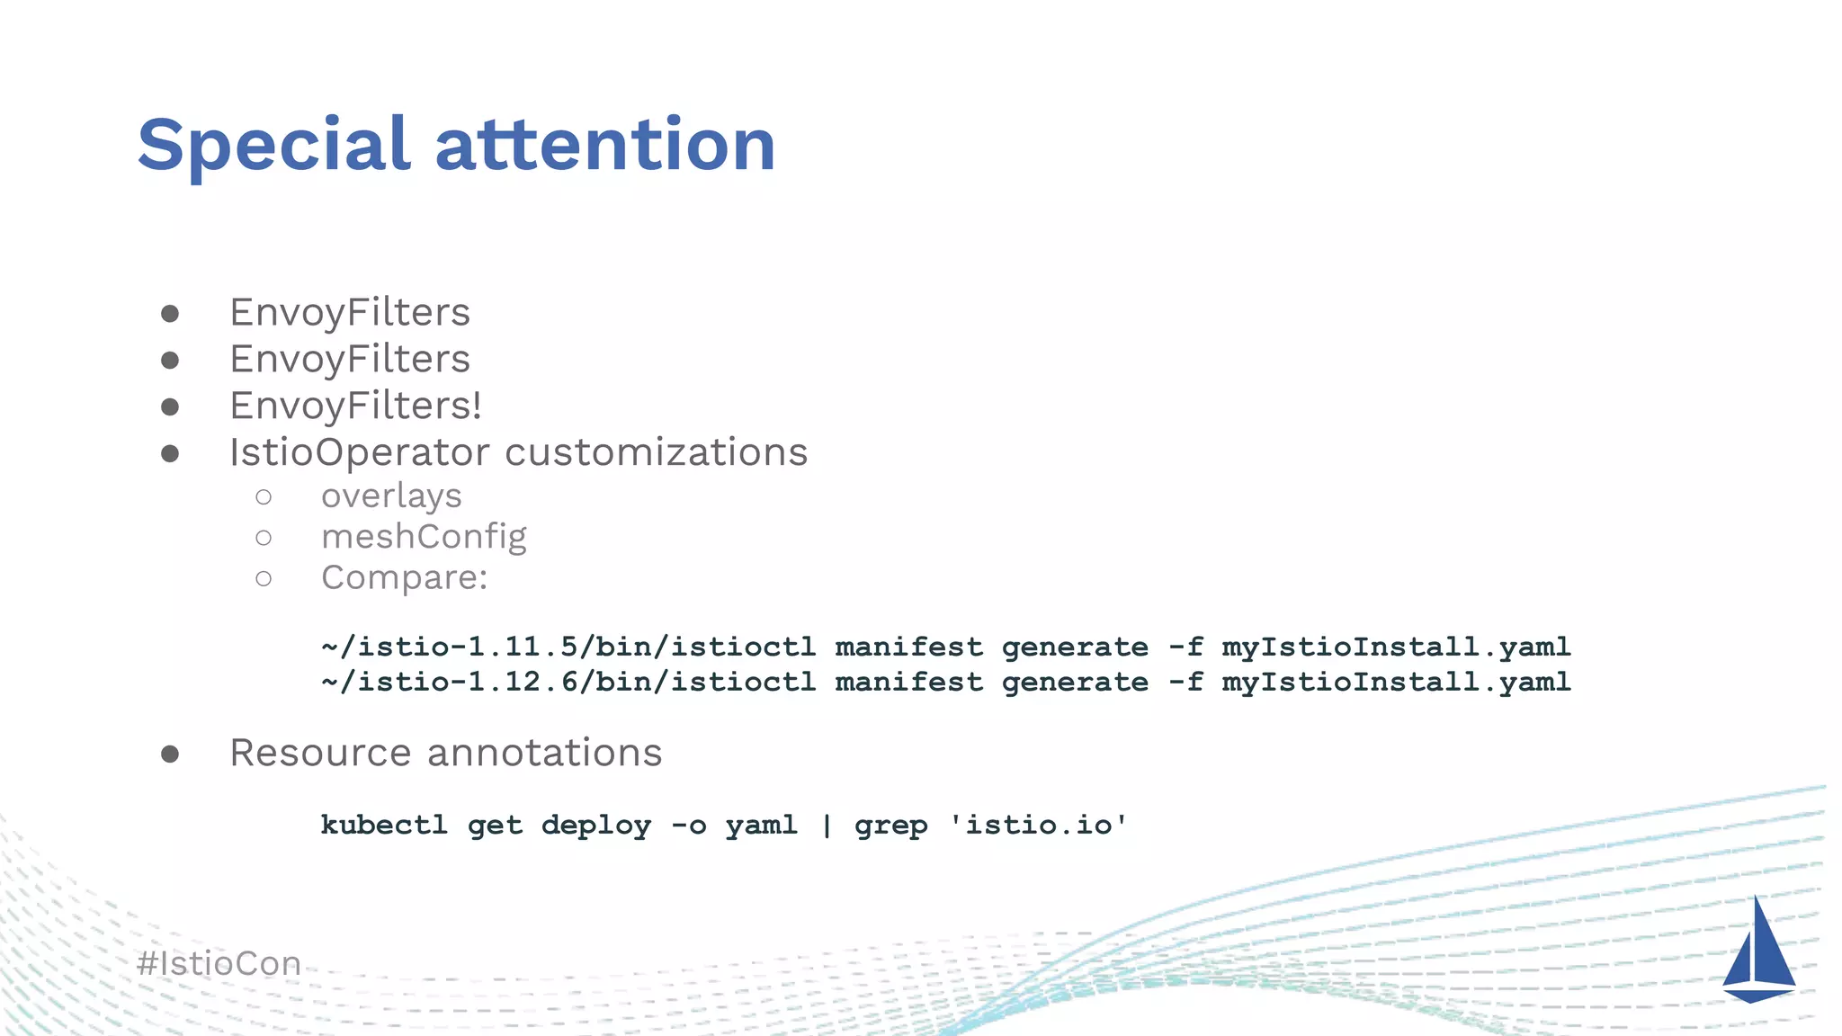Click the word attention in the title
605,146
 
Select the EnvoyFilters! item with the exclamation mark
355,406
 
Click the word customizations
656,452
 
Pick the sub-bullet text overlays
391,496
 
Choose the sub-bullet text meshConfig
424,537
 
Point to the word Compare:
404,577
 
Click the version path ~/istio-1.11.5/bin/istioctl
568,647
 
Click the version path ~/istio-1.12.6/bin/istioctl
568,682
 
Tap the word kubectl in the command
384,825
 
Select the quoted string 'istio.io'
1038,825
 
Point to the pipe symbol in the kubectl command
827,825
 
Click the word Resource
320,753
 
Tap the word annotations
544,753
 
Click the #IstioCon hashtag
219,964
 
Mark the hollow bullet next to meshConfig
264,538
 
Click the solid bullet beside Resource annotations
170,754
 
